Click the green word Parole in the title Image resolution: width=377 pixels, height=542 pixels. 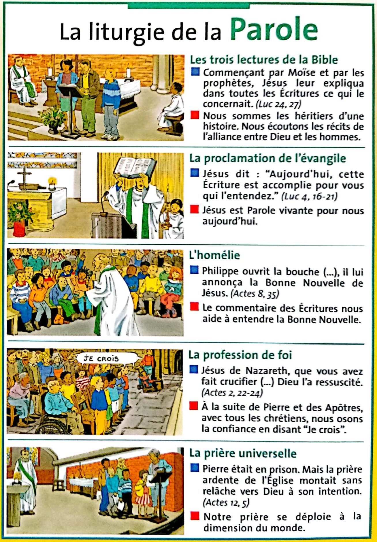click(x=274, y=29)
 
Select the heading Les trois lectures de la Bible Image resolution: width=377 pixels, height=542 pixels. click(x=263, y=60)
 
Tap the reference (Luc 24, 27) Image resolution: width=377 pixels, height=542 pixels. click(x=278, y=104)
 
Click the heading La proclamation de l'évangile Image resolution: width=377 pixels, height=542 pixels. click(x=267, y=158)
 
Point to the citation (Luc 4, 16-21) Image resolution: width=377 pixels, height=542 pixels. click(x=309, y=196)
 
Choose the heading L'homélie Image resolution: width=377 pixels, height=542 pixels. click(x=214, y=255)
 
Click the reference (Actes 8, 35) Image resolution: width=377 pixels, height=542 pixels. click(x=255, y=293)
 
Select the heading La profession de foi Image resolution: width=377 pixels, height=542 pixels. click(x=240, y=355)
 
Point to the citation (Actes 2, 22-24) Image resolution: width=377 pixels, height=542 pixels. click(x=232, y=393)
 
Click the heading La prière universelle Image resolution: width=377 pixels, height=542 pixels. click(x=243, y=453)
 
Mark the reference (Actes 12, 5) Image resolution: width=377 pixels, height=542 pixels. click(x=226, y=502)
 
